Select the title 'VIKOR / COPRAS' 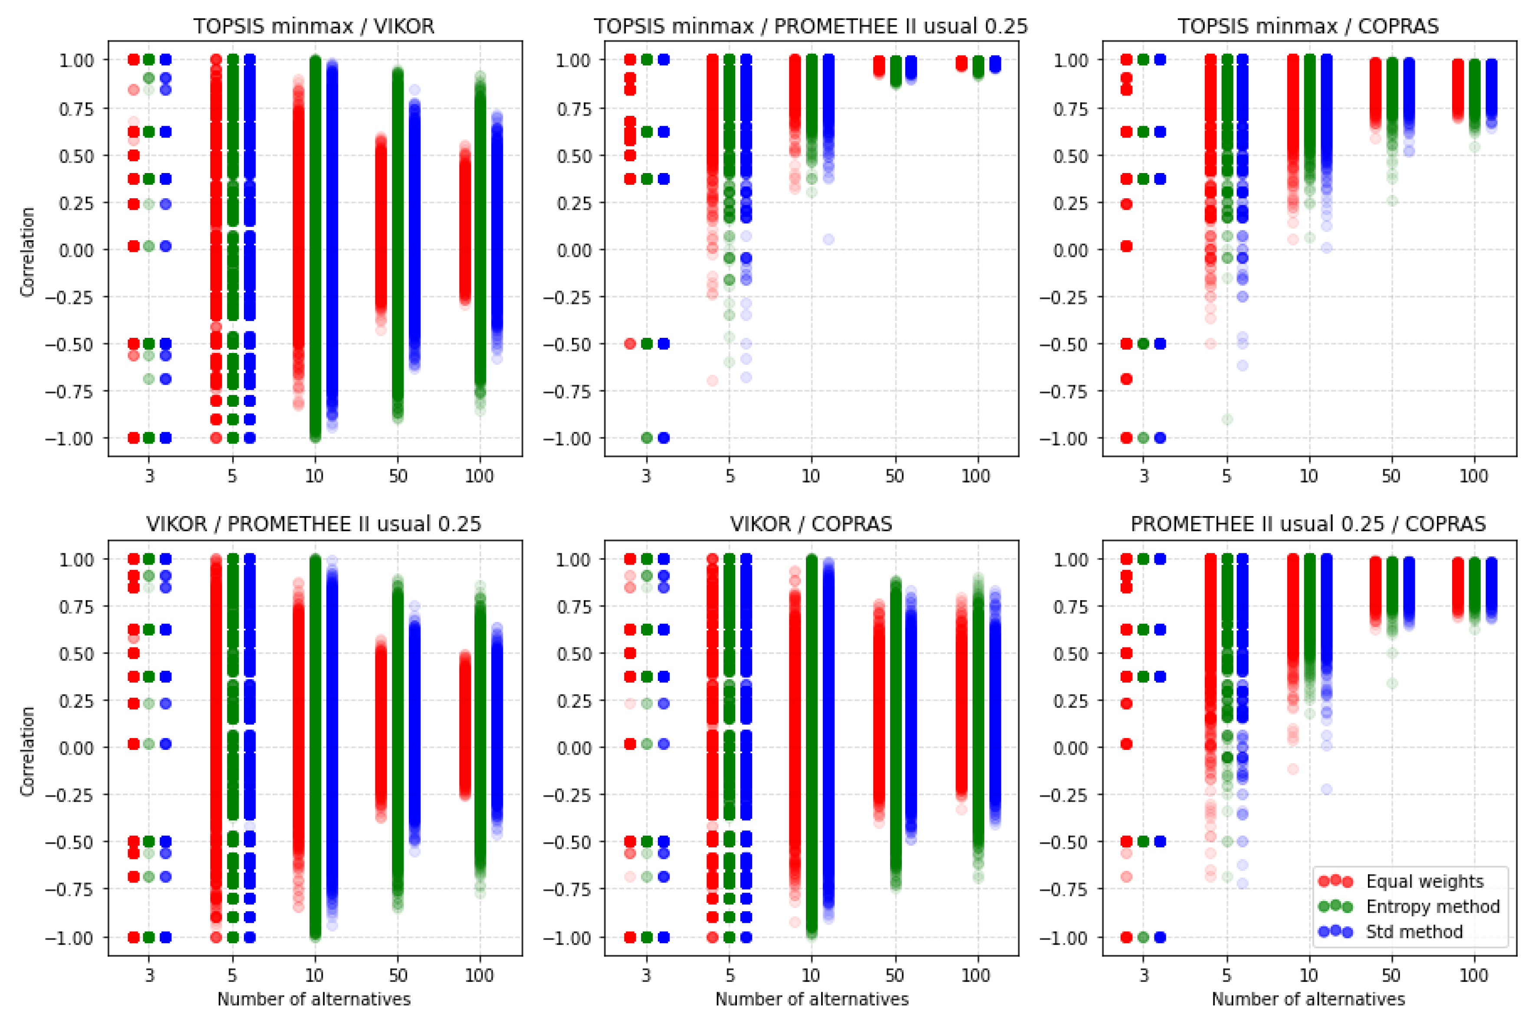[x=811, y=524]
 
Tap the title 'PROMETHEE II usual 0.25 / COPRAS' [x=1308, y=524]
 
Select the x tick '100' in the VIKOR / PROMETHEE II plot [x=480, y=975]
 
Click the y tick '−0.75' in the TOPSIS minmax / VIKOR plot [x=69, y=392]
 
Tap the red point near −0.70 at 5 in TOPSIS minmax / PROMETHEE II [x=712, y=381]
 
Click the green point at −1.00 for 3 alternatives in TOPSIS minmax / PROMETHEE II [x=646, y=438]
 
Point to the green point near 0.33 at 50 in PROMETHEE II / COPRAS [x=1391, y=683]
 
